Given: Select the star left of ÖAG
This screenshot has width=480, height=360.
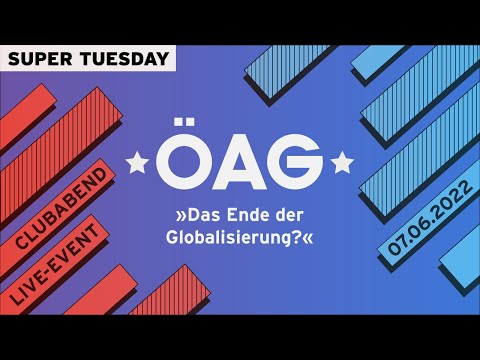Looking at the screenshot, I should [x=138, y=159].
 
